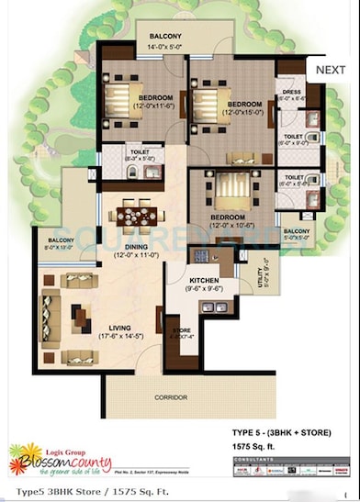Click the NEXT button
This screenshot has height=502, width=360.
pyautogui.click(x=330, y=69)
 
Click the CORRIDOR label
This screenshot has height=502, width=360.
pyautogui.click(x=171, y=397)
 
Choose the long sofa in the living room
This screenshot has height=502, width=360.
pyautogui.click(x=50, y=312)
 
